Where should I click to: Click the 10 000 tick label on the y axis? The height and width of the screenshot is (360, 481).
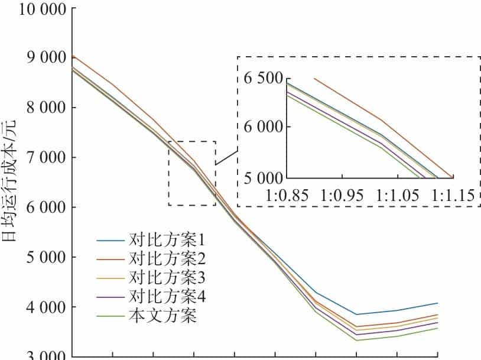(34, 9)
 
